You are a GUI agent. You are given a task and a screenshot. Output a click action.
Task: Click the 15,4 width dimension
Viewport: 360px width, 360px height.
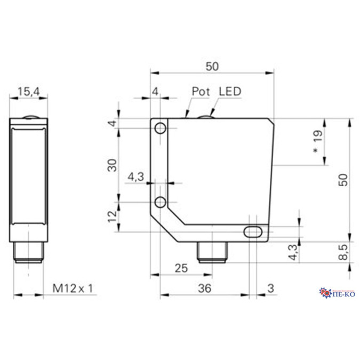click(x=29, y=92)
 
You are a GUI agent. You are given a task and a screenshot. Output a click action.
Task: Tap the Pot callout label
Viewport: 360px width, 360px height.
click(x=202, y=92)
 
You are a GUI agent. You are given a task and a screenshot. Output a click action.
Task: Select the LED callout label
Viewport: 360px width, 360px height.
click(x=230, y=91)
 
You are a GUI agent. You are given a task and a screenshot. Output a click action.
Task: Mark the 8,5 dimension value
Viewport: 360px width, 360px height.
click(x=344, y=251)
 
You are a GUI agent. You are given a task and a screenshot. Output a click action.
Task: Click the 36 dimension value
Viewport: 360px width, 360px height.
click(x=204, y=288)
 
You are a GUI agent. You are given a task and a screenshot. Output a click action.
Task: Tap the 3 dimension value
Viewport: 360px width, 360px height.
click(x=270, y=288)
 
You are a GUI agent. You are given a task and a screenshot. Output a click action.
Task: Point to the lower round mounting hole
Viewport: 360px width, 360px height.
click(x=160, y=201)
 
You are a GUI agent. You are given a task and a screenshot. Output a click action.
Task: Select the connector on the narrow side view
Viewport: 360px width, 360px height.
click(x=28, y=253)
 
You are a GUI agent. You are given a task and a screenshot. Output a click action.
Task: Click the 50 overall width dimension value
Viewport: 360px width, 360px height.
click(x=212, y=67)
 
